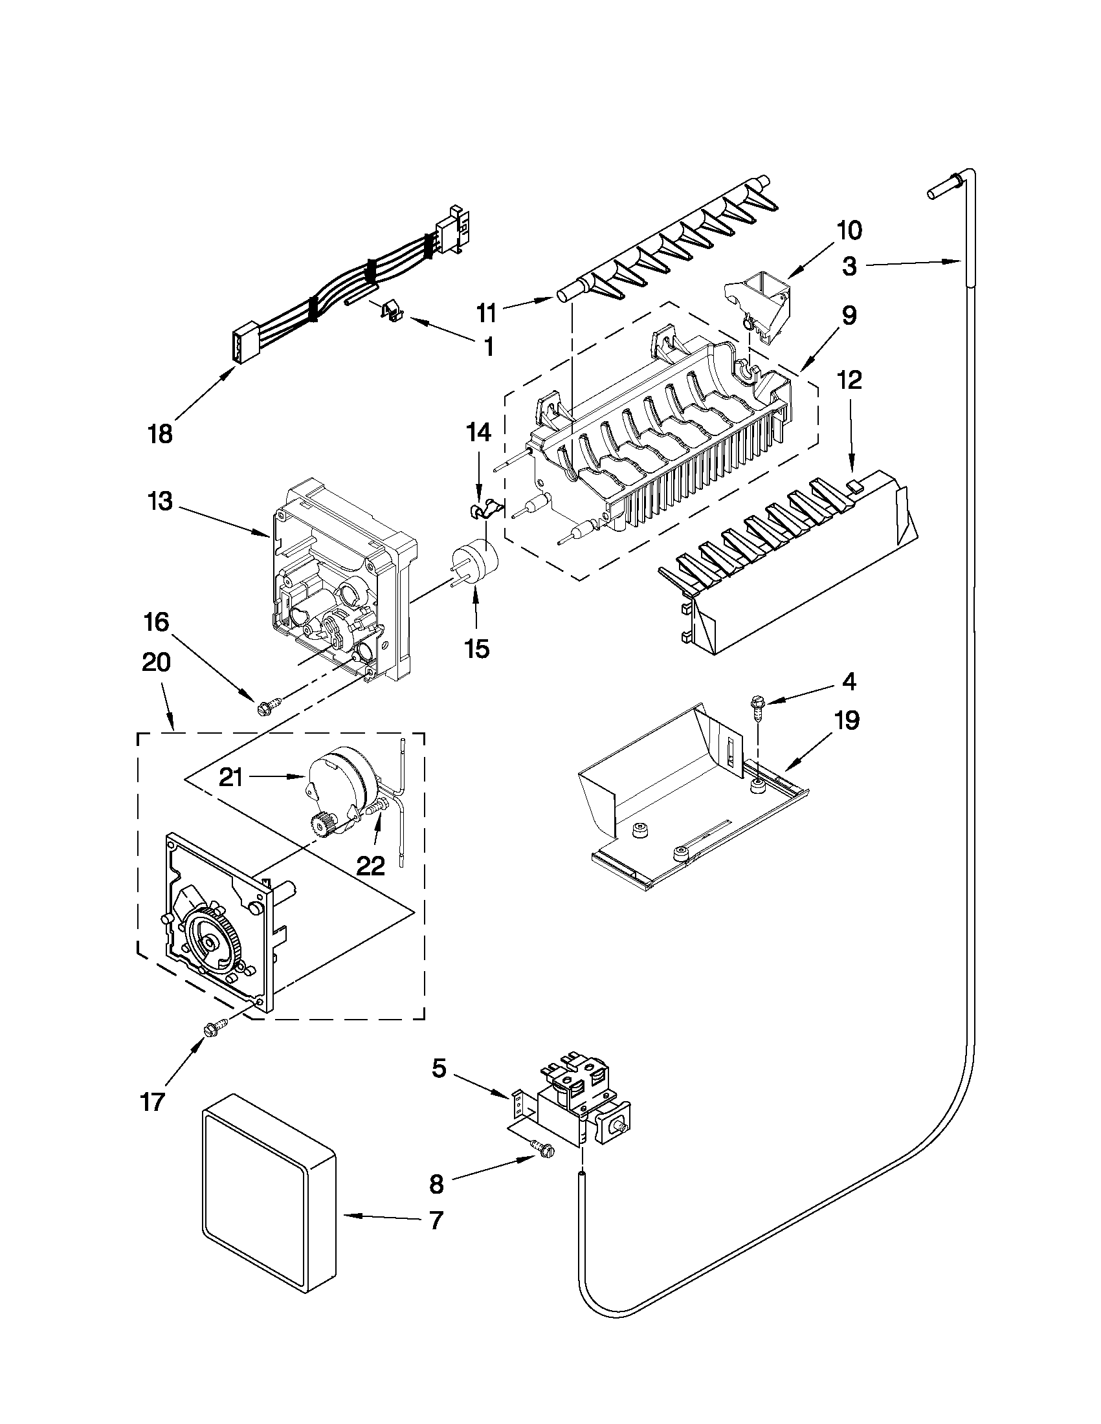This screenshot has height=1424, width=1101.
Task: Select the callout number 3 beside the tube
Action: click(x=849, y=267)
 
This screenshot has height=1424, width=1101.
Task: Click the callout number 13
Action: click(x=160, y=502)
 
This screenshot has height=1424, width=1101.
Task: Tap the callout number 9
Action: click(x=849, y=316)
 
